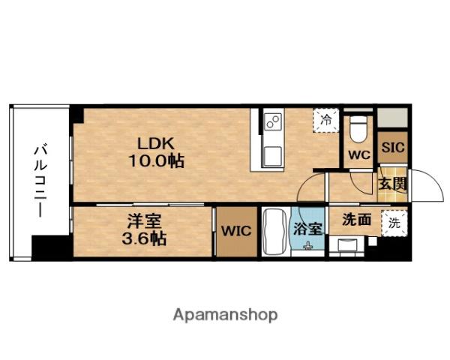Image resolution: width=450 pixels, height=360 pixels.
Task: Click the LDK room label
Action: pyautogui.click(x=156, y=143)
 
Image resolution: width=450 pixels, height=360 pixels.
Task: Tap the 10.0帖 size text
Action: pyautogui.click(x=157, y=161)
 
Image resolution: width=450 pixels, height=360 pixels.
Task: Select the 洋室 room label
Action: pyautogui.click(x=145, y=221)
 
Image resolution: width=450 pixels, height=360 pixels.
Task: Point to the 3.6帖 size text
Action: pyautogui.click(x=144, y=238)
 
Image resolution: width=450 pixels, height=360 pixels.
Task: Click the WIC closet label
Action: pyautogui.click(x=236, y=231)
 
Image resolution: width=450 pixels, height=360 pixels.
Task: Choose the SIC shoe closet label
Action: pyautogui.click(x=393, y=148)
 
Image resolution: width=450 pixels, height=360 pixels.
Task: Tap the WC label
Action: pyautogui.click(x=359, y=155)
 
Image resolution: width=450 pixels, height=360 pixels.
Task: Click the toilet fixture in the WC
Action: pyautogui.click(x=358, y=129)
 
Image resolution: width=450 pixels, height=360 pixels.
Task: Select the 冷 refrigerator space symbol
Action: pyautogui.click(x=325, y=120)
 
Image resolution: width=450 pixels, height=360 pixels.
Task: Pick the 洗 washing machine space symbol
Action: pyautogui.click(x=394, y=223)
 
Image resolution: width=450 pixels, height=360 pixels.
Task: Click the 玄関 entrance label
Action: pyautogui.click(x=392, y=184)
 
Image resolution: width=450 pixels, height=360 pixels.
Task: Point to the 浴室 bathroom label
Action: pyautogui.click(x=308, y=229)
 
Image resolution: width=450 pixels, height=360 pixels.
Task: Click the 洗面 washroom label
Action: pyautogui.click(x=357, y=220)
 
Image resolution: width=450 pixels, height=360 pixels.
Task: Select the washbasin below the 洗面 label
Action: pyautogui.click(x=347, y=246)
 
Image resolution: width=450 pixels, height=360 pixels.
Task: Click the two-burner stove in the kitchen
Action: pyautogui.click(x=274, y=121)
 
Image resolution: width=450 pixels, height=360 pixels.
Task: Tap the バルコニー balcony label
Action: pyautogui.click(x=40, y=181)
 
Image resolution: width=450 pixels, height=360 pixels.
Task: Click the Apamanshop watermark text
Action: pyautogui.click(x=225, y=316)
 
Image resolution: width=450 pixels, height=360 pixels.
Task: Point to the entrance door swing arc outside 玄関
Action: pyautogui.click(x=436, y=179)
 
